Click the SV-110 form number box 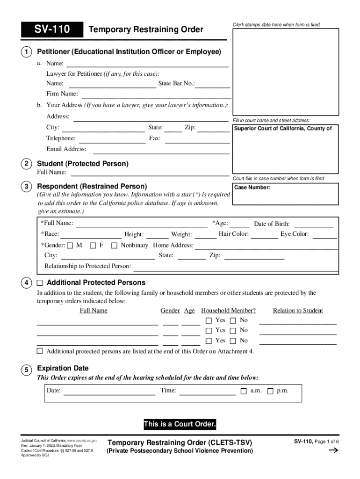pyautogui.click(x=51, y=30)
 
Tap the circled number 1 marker pyautogui.click(x=28, y=51)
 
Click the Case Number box pyautogui.click(x=285, y=194)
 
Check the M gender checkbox pyautogui.click(x=70, y=245)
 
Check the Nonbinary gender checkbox pyautogui.click(x=114, y=245)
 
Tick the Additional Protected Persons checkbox pyautogui.click(x=40, y=283)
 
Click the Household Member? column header pyautogui.click(x=228, y=311)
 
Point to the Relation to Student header pyautogui.click(x=298, y=311)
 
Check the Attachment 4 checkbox pyautogui.click(x=40, y=351)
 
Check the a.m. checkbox pyautogui.click(x=243, y=391)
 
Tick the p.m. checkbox pyautogui.click(x=270, y=391)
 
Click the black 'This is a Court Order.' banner pyautogui.click(x=180, y=425)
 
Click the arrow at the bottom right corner pyautogui.click(x=334, y=451)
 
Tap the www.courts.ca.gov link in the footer pyautogui.click(x=82, y=441)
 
